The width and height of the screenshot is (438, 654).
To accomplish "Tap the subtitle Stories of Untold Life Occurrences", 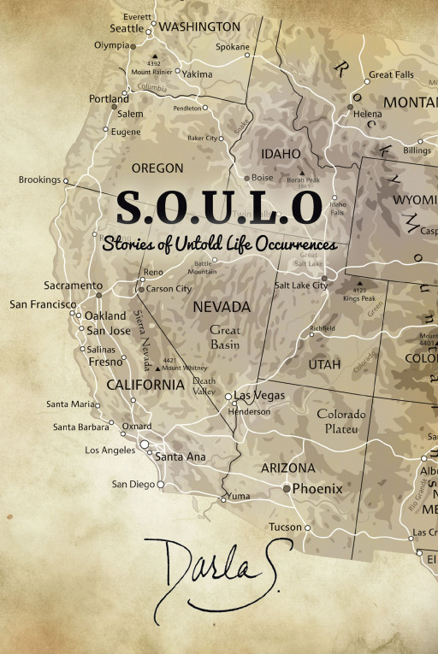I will (x=219, y=244).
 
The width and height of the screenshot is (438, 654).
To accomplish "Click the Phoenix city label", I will (x=317, y=489).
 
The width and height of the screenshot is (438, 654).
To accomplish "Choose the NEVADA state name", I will (x=221, y=306).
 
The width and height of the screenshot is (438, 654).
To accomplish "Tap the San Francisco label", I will (x=42, y=303).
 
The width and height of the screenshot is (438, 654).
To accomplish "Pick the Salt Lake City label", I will (x=300, y=285).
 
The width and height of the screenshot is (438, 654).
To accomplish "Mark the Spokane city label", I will (x=232, y=47).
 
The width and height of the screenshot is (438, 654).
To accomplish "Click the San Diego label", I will (x=133, y=484).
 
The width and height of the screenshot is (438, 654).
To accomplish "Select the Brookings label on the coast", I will (x=39, y=180).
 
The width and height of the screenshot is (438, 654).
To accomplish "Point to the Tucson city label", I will (x=285, y=527).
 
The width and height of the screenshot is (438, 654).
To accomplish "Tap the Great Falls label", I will (x=391, y=75).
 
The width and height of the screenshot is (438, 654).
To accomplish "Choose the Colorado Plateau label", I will (x=341, y=421).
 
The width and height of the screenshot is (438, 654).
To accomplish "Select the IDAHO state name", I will (x=281, y=154).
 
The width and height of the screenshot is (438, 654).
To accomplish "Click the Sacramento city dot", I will (x=98, y=294).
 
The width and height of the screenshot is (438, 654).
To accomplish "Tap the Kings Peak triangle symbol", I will (x=359, y=284).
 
